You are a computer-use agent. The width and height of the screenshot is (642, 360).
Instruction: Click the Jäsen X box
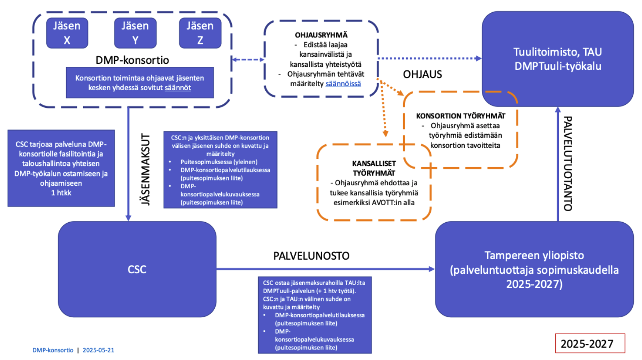pos(67,33)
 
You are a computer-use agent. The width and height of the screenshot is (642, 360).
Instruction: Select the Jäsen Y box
pos(135,33)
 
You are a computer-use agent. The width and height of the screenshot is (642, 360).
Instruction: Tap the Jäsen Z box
pos(200,33)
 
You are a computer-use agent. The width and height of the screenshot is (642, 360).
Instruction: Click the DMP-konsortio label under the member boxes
pos(132,60)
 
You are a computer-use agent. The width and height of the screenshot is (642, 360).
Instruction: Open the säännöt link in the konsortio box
pos(178,88)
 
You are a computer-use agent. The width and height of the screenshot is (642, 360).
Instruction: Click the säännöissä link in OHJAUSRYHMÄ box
pos(343,84)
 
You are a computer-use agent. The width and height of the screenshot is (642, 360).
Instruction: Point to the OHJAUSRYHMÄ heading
pos(321,35)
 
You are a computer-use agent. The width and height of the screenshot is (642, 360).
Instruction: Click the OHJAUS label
pos(422,74)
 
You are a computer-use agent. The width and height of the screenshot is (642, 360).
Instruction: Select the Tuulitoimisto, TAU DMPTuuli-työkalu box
pos(558,59)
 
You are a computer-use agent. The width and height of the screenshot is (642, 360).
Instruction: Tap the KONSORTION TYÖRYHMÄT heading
pos(461,116)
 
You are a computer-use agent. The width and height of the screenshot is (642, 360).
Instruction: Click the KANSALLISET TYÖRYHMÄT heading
pos(374,168)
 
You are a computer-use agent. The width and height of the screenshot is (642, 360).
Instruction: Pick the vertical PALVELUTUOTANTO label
pos(568,163)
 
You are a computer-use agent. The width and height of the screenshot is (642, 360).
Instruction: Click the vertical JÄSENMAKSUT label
pos(146,169)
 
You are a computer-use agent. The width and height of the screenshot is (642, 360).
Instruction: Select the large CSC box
pos(137,269)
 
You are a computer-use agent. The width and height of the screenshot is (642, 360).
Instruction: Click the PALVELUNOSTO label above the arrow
pos(311,256)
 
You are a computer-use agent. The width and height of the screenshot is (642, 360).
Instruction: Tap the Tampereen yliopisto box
pos(534,269)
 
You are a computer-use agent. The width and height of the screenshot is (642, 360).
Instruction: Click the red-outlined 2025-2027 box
pos(590,343)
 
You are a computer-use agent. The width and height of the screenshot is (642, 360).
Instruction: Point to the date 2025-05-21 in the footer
pos(98,350)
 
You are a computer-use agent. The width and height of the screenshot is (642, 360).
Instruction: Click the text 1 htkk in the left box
pos(61,193)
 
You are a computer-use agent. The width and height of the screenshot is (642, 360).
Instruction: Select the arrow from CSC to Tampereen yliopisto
pos(326,269)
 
